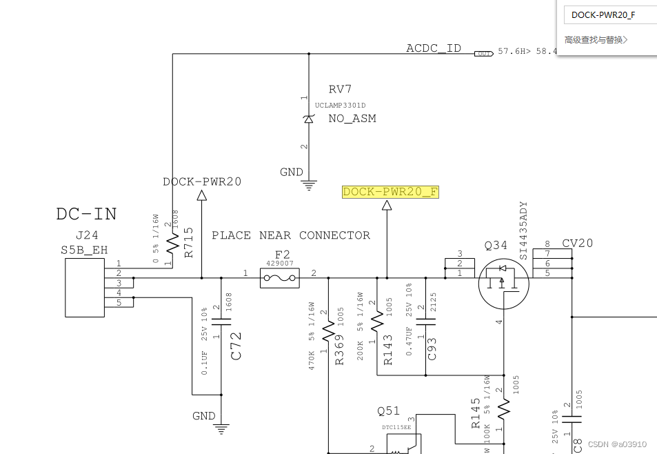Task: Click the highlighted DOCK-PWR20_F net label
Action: [x=390, y=192]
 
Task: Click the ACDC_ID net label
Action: [x=434, y=48]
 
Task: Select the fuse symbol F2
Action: [x=280, y=279]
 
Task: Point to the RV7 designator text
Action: [x=340, y=90]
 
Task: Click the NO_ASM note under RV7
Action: [x=352, y=119]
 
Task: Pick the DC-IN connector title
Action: [x=86, y=214]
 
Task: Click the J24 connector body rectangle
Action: [x=84, y=288]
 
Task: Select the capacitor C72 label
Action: [x=236, y=346]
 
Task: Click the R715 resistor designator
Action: [x=189, y=242]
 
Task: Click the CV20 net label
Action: [x=577, y=243]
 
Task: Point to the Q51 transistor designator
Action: [x=388, y=411]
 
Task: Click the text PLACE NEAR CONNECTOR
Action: [x=290, y=235]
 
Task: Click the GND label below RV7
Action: [x=292, y=172]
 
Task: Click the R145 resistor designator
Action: [x=476, y=413]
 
